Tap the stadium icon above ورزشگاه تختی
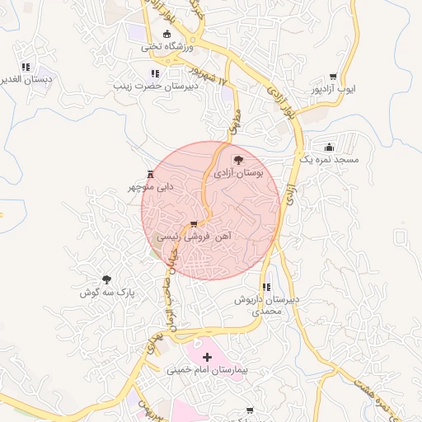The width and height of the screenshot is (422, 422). (167, 35)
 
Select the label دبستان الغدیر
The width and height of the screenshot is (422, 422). (25, 79)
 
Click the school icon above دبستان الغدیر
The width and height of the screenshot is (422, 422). (26, 67)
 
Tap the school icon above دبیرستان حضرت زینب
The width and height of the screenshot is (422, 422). (156, 73)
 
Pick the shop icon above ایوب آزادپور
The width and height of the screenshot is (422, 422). (333, 75)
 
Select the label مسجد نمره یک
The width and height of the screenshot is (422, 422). (327, 158)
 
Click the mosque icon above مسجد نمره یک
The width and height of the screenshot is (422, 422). (331, 146)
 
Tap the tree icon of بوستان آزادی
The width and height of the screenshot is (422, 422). (238, 161)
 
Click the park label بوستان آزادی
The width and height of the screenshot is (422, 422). (238, 174)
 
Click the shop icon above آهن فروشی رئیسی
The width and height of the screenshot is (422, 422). (194, 224)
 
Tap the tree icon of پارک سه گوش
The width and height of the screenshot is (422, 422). (106, 280)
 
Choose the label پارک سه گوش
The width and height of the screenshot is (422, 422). (106, 293)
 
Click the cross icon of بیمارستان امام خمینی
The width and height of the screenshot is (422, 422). (207, 358)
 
